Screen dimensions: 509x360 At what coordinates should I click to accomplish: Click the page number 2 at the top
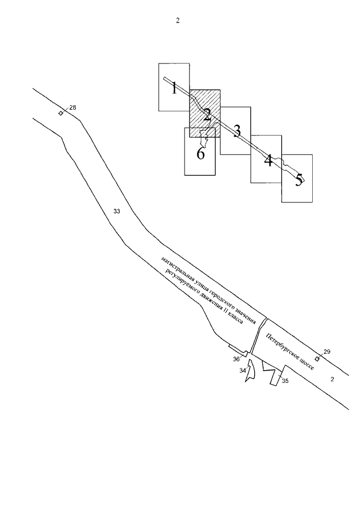(178, 21)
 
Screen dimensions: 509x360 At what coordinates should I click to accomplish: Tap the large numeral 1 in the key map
(174, 88)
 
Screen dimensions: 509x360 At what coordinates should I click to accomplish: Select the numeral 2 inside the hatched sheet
(207, 115)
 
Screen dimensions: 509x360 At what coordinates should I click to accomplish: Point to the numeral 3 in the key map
(237, 131)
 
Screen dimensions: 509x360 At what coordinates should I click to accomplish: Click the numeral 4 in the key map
(268, 160)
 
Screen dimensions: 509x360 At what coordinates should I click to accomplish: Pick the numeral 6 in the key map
(200, 154)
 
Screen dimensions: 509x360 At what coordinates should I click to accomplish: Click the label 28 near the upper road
(73, 107)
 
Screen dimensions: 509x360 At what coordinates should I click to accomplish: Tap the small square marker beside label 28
(61, 113)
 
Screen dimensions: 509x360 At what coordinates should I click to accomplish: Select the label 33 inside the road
(117, 211)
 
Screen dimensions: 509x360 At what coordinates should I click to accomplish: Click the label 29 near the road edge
(327, 352)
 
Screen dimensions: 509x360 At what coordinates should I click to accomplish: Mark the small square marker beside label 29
(317, 358)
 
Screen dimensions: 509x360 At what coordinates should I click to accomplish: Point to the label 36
(236, 358)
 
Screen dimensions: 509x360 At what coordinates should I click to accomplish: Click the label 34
(242, 371)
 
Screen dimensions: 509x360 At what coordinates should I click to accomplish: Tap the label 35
(285, 381)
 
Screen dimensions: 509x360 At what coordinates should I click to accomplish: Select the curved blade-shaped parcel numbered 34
(250, 373)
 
